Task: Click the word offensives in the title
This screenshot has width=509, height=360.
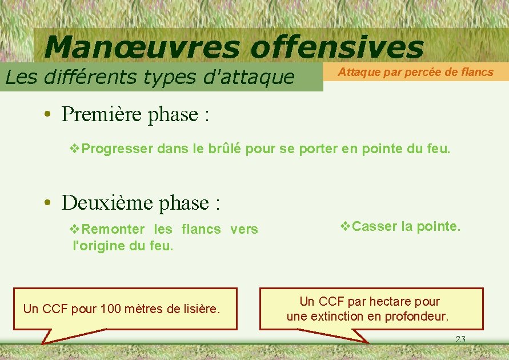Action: coord(337,47)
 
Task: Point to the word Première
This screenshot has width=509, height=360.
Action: coord(102,114)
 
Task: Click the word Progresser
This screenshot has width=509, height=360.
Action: coord(118,149)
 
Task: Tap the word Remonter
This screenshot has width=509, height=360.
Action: coord(113,229)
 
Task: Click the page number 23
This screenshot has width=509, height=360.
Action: coord(460,339)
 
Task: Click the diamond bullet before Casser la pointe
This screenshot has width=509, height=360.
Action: coord(345,226)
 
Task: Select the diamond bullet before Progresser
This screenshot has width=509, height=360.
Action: coord(75,149)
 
